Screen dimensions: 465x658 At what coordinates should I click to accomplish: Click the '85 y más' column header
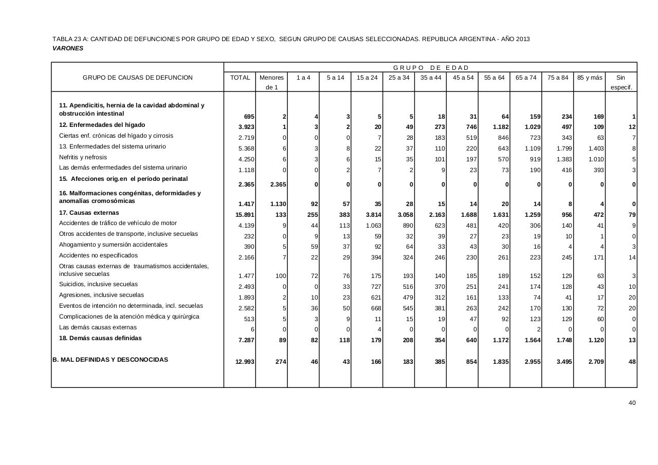point(589,78)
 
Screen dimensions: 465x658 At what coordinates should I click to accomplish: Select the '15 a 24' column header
point(367,78)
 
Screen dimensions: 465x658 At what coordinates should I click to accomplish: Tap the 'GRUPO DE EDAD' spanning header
point(431,68)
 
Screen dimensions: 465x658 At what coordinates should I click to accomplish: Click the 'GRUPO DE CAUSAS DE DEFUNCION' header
point(138,78)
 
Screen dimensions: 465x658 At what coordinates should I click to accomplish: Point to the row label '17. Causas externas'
point(89,213)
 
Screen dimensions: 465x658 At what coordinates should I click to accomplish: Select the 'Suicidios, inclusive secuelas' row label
point(98,284)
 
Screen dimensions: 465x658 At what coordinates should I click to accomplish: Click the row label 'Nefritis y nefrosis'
point(83,157)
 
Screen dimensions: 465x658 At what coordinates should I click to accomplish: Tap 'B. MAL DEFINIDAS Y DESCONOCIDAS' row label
point(110,360)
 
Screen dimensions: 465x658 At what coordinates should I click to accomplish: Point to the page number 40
point(632,403)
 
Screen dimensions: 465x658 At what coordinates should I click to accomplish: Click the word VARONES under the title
point(68,48)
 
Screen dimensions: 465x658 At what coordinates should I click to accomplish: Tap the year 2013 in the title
point(522,39)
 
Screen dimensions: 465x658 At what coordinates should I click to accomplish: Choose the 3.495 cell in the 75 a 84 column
point(561,362)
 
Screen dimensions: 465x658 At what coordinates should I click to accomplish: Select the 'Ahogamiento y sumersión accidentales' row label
point(113,245)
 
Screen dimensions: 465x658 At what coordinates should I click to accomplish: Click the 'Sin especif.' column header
point(621,82)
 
